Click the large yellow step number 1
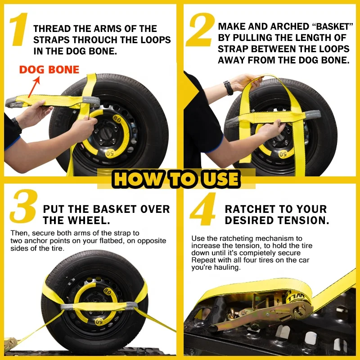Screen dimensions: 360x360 (x=19, y=29)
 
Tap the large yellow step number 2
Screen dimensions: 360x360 (x=200, y=29)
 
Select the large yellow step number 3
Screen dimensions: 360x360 (x=24, y=206)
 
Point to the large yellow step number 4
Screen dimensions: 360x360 (x=203, y=209)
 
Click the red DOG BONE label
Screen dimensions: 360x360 (x=49, y=70)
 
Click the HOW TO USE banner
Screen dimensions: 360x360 (x=176, y=179)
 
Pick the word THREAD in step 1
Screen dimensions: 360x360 (x=52, y=29)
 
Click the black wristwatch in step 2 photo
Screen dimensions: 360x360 (x=228, y=88)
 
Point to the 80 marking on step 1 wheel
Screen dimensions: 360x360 (x=117, y=119)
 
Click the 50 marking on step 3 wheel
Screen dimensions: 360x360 (x=99, y=322)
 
